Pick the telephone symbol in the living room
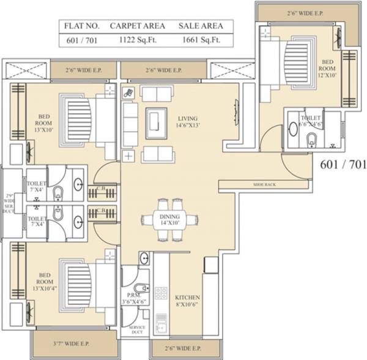128,93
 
